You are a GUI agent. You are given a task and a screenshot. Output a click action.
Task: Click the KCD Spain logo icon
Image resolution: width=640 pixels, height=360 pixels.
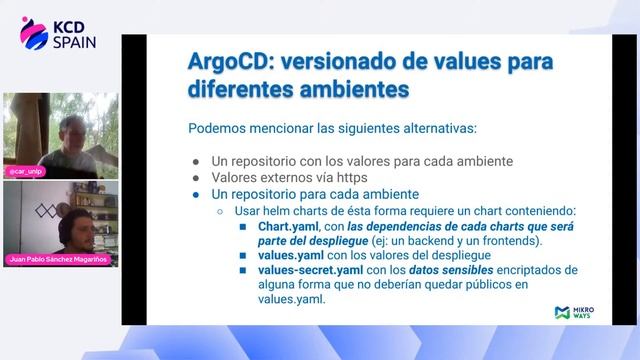[34, 32]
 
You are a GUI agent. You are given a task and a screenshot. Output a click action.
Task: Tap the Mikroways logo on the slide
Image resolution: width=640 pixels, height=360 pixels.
[574, 313]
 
